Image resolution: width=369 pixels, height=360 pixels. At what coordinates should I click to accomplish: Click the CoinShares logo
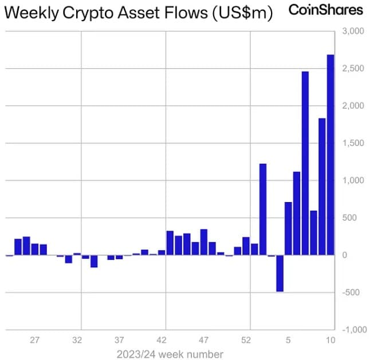coord(326,10)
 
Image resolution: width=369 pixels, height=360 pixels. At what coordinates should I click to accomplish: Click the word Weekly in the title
coord(32,13)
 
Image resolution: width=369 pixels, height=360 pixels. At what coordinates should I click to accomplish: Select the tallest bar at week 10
coord(331,155)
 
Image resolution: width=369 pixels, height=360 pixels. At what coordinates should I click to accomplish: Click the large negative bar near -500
coord(280,273)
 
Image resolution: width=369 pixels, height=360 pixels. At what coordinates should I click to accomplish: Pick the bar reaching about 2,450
coord(305,163)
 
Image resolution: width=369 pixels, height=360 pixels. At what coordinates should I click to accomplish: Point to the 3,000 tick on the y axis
coord(353,31)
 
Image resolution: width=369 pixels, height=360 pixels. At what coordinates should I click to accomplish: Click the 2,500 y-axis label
coord(353,69)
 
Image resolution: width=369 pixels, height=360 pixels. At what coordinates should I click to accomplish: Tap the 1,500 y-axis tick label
coord(353,143)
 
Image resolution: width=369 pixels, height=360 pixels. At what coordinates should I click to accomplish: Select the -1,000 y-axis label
coord(355,330)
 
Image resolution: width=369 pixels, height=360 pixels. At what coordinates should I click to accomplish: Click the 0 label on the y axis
coord(345,255)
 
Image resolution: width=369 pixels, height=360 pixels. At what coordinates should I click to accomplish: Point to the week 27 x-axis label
coord(34,340)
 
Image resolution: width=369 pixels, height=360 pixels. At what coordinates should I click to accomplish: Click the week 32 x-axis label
coord(77,340)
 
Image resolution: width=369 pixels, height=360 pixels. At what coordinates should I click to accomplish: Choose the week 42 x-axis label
coord(162,340)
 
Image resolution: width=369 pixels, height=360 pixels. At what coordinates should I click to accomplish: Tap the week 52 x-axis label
coord(246,340)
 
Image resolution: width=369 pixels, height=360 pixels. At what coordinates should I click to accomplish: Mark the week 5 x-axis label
coord(288,340)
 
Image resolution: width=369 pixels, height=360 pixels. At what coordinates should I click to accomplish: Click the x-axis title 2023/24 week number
coord(170,354)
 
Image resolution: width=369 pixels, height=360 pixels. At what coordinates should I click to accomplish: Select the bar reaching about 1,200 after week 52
coord(263,209)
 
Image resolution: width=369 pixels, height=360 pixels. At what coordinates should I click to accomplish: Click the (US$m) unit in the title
coord(242,13)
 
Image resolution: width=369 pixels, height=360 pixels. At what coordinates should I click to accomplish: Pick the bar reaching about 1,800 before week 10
coord(322,187)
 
